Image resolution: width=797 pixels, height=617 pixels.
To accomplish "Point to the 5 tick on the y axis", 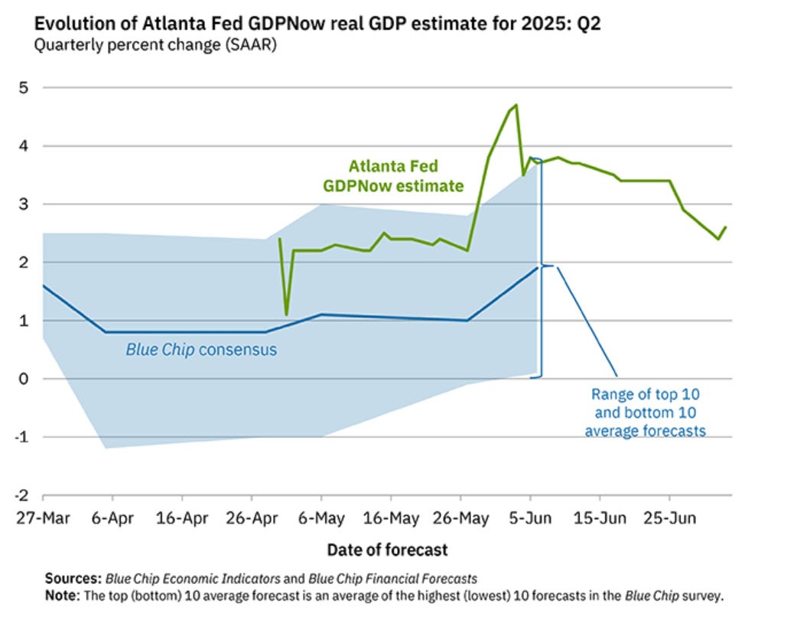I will click(23, 87).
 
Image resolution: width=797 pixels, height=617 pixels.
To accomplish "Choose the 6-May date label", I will click(320, 518).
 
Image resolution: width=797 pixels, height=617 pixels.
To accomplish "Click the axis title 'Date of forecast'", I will click(387, 550).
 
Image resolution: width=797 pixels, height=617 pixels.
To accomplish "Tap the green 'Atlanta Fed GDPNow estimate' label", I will click(393, 175).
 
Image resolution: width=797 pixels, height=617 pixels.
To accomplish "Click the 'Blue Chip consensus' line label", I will click(200, 351).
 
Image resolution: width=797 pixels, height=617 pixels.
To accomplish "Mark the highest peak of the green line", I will click(516, 105).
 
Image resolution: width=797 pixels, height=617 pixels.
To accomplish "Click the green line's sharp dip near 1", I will click(286, 314).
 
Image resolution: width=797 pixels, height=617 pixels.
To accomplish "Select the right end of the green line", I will click(725, 227).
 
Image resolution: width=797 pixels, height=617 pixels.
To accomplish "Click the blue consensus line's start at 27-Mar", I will click(43, 286).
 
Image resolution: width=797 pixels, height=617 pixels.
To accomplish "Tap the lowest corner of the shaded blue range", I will click(106, 448).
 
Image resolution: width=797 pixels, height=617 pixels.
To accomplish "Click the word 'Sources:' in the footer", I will click(73, 579).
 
